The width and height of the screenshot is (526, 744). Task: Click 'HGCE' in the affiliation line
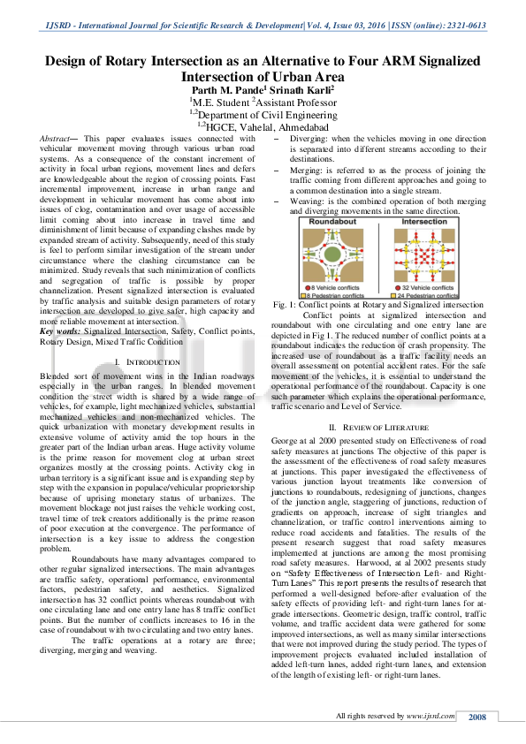click(225, 127)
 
